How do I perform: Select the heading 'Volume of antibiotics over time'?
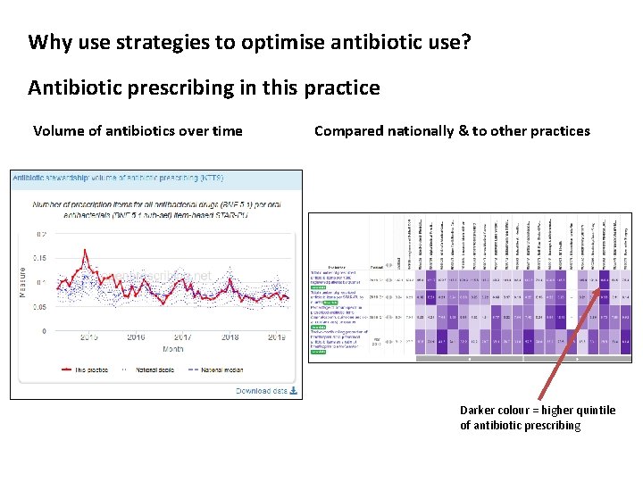pyautogui.click(x=138, y=131)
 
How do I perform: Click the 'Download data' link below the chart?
pyautogui.click(x=266, y=390)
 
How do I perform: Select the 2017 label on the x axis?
pyautogui.click(x=182, y=337)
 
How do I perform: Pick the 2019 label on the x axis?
pyautogui.click(x=277, y=337)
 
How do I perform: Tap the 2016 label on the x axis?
pyautogui.click(x=135, y=337)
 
